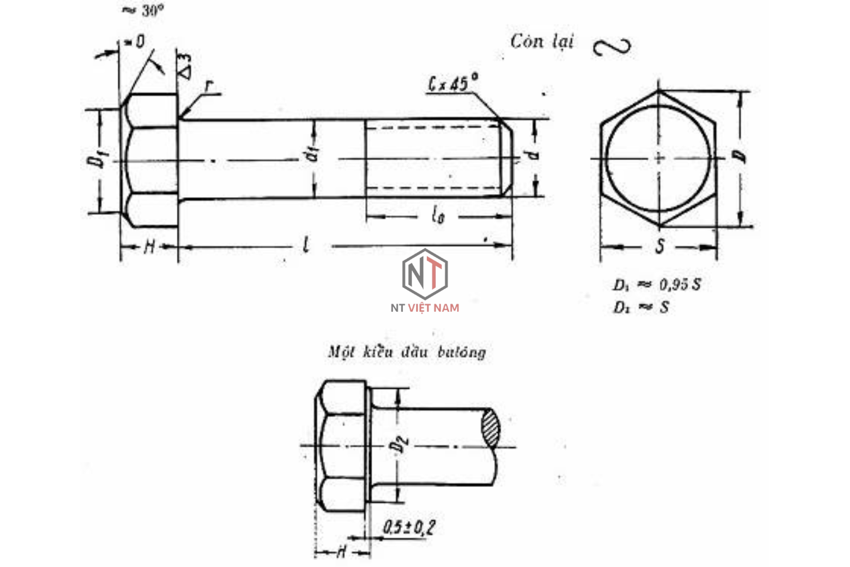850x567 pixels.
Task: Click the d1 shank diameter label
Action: pos(314,156)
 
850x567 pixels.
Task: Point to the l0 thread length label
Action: pos(438,217)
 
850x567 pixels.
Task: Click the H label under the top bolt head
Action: pos(149,246)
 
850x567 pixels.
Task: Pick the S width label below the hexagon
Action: pos(659,246)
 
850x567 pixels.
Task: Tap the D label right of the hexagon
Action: pos(744,156)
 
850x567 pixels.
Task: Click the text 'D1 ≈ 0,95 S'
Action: pos(657,285)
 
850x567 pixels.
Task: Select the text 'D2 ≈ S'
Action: pos(640,307)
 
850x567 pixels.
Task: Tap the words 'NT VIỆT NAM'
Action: pos(425,307)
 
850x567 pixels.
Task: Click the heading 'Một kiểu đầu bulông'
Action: pos(407,352)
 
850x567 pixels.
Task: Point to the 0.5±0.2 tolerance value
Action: pos(409,527)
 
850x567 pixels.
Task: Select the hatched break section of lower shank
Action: pos(490,428)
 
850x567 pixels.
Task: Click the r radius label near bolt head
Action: pos(207,87)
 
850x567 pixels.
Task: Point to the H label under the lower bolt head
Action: pos(341,553)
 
